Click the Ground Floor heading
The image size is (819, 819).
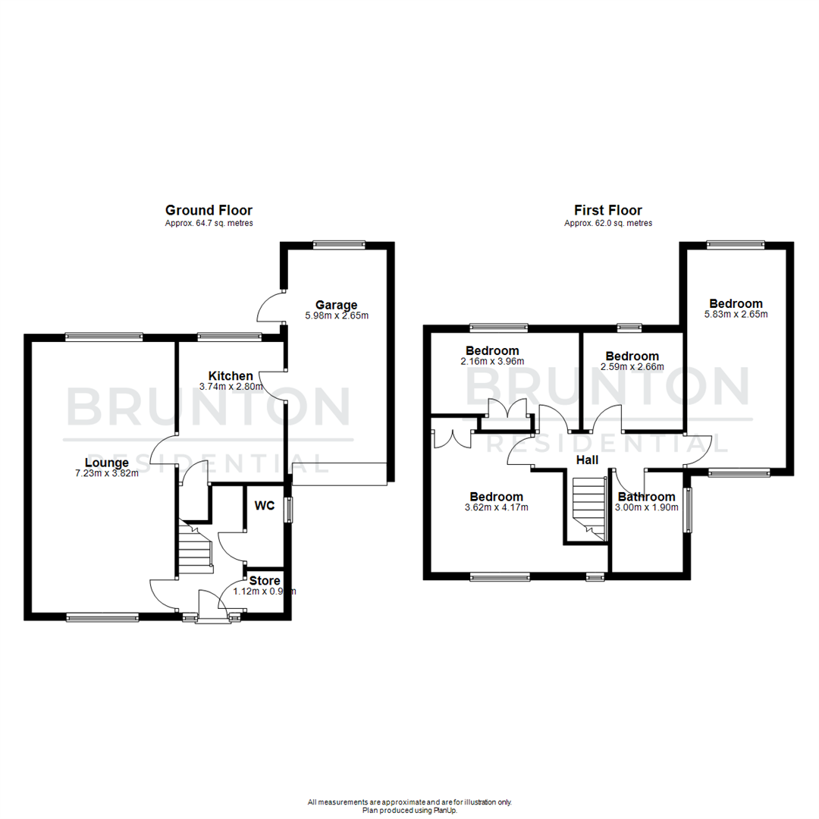(x=209, y=210)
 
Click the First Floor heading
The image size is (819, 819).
(x=607, y=210)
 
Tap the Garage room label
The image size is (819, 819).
(x=336, y=305)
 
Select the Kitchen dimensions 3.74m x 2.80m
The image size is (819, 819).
(x=231, y=386)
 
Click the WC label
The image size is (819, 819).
(x=265, y=506)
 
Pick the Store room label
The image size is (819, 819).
(x=265, y=581)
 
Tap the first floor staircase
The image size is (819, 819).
(x=588, y=509)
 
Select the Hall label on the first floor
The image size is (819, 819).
(x=587, y=460)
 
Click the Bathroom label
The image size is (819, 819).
(x=646, y=497)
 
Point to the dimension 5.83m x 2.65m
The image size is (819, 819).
(x=732, y=314)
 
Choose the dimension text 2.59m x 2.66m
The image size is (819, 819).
(x=632, y=367)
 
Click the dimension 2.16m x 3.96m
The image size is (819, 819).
(x=492, y=362)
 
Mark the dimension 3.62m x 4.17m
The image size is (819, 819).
(x=496, y=507)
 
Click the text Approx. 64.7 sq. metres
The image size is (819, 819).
(x=209, y=224)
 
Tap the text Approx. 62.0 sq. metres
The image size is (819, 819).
(x=607, y=224)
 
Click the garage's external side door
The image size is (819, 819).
(x=271, y=308)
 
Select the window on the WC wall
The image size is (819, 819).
(x=288, y=510)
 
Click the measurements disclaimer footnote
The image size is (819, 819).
(x=409, y=802)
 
